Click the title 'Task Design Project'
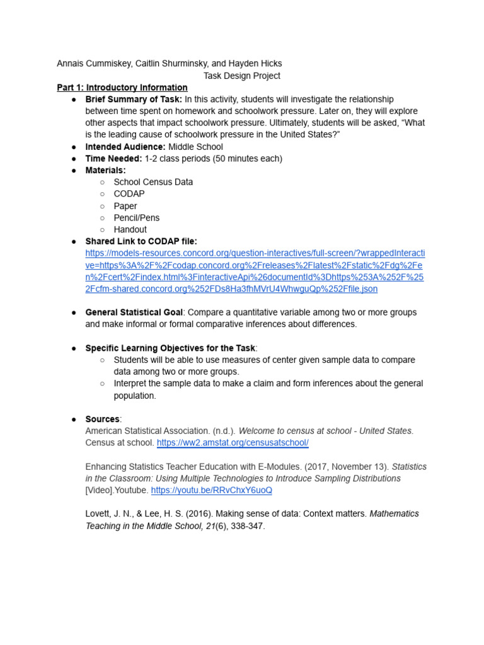241,76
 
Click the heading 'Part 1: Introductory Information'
122,88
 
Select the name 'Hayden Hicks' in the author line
256,64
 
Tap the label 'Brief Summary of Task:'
134,100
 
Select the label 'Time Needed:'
113,159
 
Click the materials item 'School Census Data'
153,182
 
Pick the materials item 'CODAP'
129,194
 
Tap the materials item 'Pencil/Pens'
137,218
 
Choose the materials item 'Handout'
130,230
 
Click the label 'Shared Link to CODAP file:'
141,241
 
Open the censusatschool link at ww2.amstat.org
233,443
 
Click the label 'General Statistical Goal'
134,312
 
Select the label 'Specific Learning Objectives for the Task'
171,348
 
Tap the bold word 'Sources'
102,420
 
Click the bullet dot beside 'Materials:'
74,171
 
